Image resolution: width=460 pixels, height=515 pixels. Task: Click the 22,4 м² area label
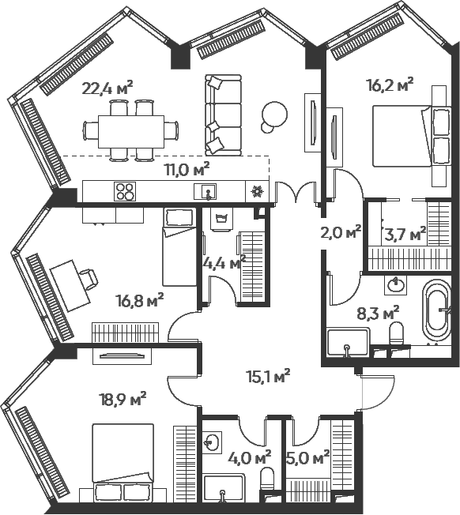[x=107, y=88]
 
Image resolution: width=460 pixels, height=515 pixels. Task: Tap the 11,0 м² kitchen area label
[x=187, y=170]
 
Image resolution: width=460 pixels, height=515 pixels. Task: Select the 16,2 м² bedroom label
[x=390, y=86]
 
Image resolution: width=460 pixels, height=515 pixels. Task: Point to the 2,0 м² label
[x=341, y=232]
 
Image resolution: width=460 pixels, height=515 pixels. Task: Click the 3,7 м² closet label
[x=405, y=234]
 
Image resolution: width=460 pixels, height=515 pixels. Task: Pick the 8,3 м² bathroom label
[x=378, y=314]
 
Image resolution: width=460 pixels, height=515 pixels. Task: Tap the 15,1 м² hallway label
[x=268, y=377]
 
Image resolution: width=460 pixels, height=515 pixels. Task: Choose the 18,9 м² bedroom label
[x=123, y=399]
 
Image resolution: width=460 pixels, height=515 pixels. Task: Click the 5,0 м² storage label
[x=308, y=458]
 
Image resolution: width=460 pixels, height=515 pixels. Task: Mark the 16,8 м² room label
[x=139, y=300]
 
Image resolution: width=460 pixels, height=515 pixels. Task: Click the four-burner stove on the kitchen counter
[x=125, y=191]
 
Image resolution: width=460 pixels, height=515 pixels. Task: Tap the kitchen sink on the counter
[x=205, y=191]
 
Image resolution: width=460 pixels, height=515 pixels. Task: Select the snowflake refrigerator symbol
[x=257, y=191]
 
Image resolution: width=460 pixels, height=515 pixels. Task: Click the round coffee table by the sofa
[x=273, y=115]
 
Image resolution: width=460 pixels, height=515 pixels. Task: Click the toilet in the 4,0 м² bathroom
[x=267, y=479]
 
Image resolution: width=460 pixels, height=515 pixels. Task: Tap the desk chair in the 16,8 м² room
[x=89, y=280]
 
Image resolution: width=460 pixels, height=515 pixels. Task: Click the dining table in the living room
[x=131, y=131]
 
